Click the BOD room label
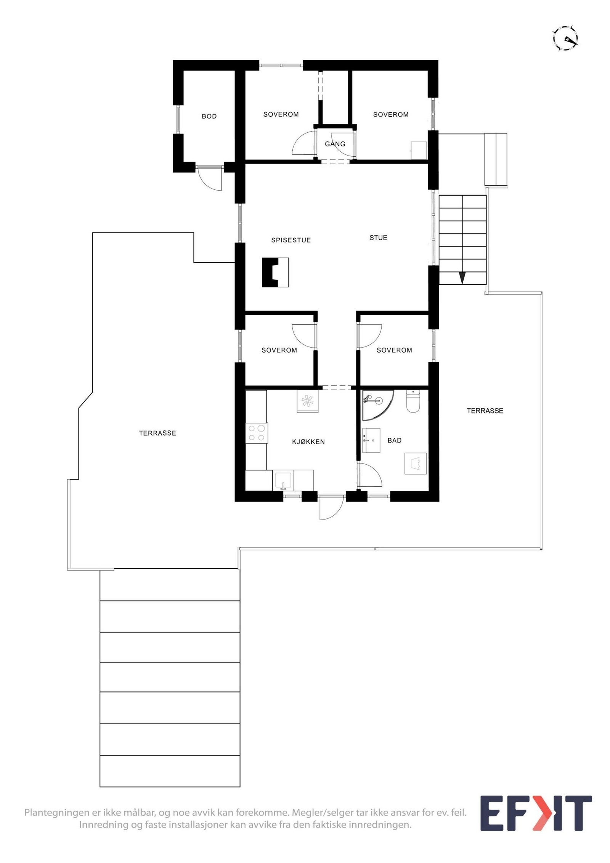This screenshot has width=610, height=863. (209, 116)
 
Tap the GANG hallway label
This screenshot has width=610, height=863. (335, 144)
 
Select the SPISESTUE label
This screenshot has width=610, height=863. (291, 240)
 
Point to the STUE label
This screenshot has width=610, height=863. (378, 237)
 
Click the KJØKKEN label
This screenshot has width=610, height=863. (308, 441)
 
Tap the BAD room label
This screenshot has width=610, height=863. (394, 440)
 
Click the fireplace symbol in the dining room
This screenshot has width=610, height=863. (275, 272)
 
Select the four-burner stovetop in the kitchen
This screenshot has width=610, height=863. (256, 433)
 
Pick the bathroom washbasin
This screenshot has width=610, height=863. (371, 440)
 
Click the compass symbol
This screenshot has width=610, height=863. (565, 38)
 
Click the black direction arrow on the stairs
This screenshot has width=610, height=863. (462, 278)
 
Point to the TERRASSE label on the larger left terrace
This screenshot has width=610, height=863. (157, 433)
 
